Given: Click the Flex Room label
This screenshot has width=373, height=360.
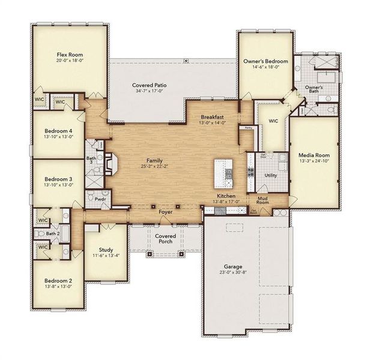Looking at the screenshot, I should [x=69, y=53].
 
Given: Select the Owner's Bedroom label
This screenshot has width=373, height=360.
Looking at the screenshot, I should [x=265, y=61].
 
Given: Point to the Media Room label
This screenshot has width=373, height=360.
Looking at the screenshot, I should [x=314, y=154].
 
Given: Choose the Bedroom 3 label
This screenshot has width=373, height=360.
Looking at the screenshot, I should [x=58, y=179].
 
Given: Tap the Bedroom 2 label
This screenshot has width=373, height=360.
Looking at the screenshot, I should [x=58, y=280].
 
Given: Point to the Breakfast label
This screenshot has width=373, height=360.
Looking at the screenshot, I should [x=212, y=117].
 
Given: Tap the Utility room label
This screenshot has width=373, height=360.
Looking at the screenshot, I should [x=270, y=175].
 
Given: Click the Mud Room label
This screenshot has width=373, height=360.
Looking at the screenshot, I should [x=263, y=200].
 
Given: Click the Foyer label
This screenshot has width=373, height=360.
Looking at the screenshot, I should [x=165, y=212].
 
